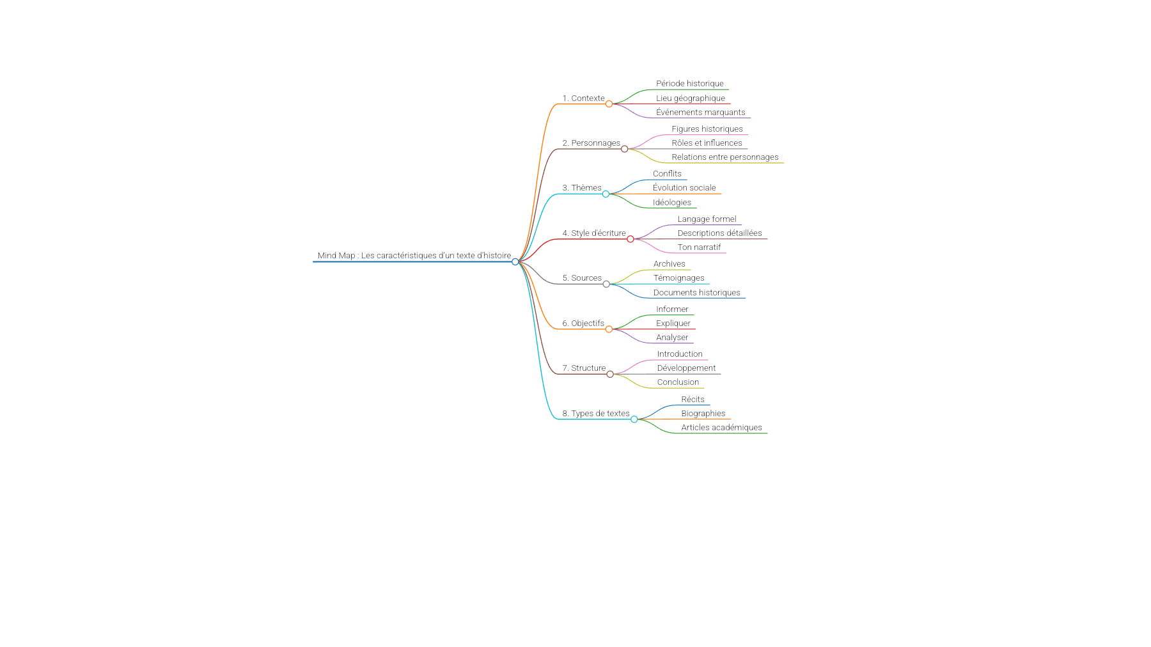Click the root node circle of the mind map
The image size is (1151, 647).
tap(515, 261)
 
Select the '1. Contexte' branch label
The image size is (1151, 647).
tap(583, 98)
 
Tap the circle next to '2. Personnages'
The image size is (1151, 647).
tap(625, 149)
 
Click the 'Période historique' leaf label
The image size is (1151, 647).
tap(690, 84)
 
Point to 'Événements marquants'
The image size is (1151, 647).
tap(701, 113)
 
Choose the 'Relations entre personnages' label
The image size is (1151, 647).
tap(725, 157)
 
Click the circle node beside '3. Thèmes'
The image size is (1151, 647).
tap(606, 194)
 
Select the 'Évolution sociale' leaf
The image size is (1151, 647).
tap(684, 188)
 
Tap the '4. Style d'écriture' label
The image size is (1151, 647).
tap(594, 233)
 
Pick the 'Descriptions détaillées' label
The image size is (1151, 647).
tap(720, 233)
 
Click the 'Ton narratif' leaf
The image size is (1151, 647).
tap(699, 247)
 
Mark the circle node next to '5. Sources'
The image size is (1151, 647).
tap(606, 284)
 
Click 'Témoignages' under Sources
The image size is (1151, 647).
tap(679, 278)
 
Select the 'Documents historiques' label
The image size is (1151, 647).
tap(697, 293)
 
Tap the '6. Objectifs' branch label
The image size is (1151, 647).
tap(583, 323)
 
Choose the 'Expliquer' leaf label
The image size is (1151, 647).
tap(673, 323)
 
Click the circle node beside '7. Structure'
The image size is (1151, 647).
tap(610, 374)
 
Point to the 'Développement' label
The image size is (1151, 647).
tap(686, 368)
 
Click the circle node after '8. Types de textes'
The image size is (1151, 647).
tap(634, 419)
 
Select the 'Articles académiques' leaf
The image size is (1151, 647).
tap(721, 428)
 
